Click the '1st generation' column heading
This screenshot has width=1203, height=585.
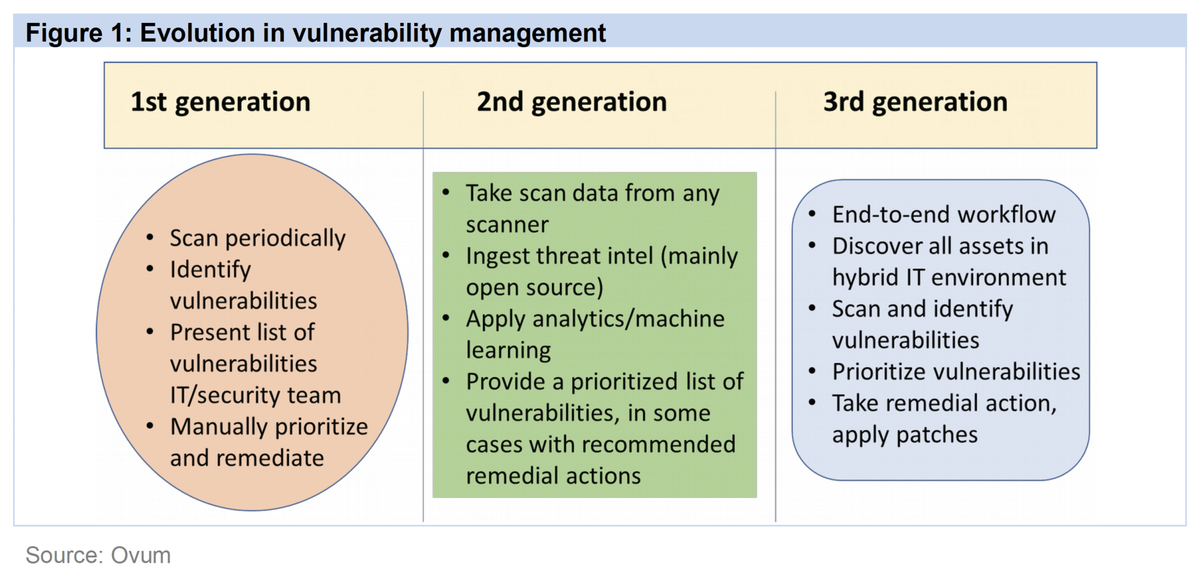[x=221, y=102]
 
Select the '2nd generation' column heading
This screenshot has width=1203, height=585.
[x=572, y=102]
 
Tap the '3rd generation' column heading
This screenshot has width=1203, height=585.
[x=915, y=102]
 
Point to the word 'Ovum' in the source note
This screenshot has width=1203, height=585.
[x=141, y=555]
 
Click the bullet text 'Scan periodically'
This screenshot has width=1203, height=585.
[x=257, y=238]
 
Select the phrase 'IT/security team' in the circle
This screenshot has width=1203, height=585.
[x=256, y=395]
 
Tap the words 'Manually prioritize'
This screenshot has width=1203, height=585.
[x=269, y=427]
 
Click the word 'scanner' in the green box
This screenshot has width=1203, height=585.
[x=507, y=224]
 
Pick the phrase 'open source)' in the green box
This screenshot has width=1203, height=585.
[x=535, y=288]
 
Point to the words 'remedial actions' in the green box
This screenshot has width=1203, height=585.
[x=553, y=476]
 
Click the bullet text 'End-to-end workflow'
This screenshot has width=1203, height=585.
[x=944, y=214]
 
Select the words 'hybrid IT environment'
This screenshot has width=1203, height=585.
[x=949, y=277]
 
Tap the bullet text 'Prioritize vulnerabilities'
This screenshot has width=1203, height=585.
[x=956, y=372]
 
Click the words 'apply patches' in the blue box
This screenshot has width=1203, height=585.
[x=905, y=435]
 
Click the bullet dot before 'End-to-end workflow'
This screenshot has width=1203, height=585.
[x=812, y=214]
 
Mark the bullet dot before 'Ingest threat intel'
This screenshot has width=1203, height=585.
[x=446, y=255]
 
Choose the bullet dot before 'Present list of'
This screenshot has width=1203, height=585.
[x=150, y=332]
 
